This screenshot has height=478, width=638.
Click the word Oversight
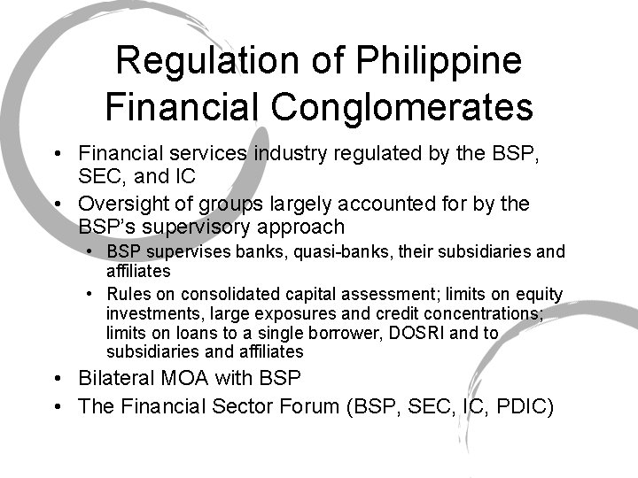pos(121,204)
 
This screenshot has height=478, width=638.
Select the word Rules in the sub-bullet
pos(129,294)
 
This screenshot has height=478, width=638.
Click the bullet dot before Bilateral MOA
pos(57,380)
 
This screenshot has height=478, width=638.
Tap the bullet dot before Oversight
pos(57,204)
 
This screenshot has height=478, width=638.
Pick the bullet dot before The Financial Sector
pos(57,407)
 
